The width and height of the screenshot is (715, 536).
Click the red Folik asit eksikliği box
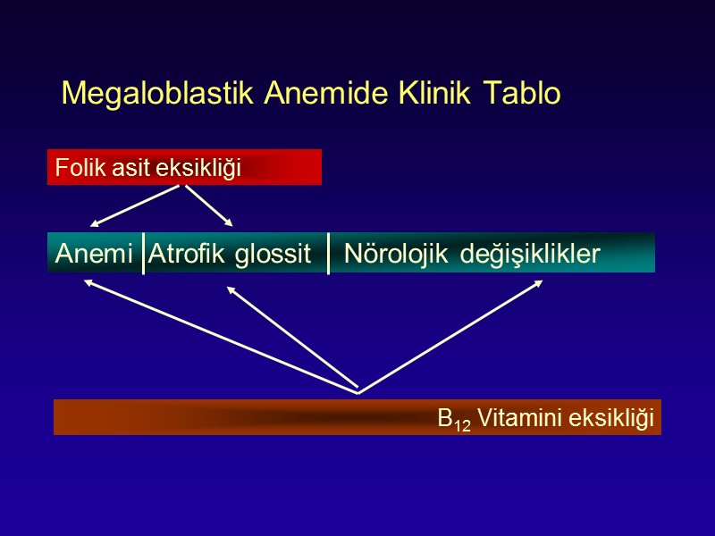coord(184,167)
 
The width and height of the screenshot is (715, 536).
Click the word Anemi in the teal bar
coord(94,254)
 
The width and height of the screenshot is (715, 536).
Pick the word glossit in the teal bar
coord(273,255)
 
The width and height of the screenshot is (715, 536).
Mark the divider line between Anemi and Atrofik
coord(143,254)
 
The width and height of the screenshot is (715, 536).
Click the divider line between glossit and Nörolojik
coord(328,254)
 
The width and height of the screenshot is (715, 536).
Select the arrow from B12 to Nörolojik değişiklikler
coord(450,336)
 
